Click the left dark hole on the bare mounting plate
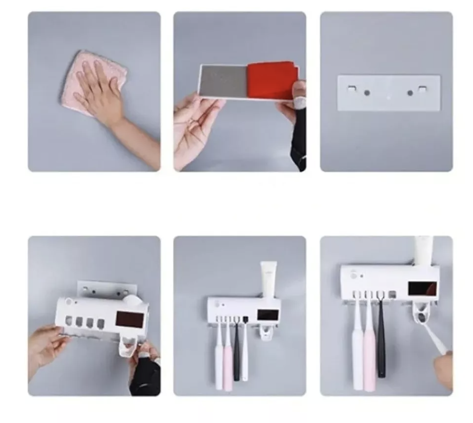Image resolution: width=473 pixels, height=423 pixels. [x=367, y=93]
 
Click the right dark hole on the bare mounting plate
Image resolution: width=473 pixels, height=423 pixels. [x=410, y=93]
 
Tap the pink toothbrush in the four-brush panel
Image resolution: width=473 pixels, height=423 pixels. [x=229, y=356]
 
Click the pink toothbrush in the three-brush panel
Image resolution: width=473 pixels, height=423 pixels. [x=369, y=347]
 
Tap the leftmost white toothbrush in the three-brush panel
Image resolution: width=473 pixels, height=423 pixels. [x=358, y=347]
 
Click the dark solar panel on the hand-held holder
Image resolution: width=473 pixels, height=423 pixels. [x=129, y=320]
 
